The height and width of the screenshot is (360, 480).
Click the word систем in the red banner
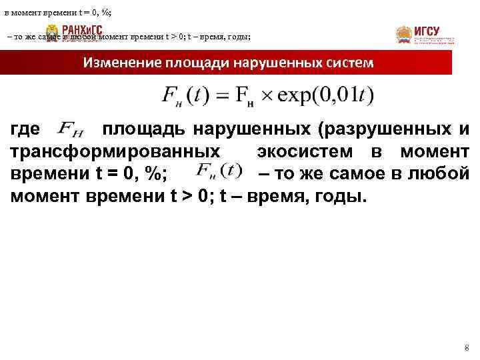(347, 63)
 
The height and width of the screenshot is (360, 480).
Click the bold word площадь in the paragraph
(139, 129)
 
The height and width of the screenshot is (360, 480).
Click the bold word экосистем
(311, 151)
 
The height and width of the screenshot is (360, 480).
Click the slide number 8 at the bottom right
(466, 349)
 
